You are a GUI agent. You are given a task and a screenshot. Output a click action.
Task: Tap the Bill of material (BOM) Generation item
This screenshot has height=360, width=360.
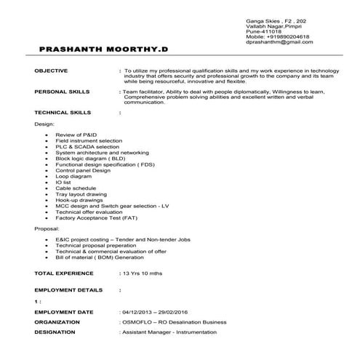coord(102,257)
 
